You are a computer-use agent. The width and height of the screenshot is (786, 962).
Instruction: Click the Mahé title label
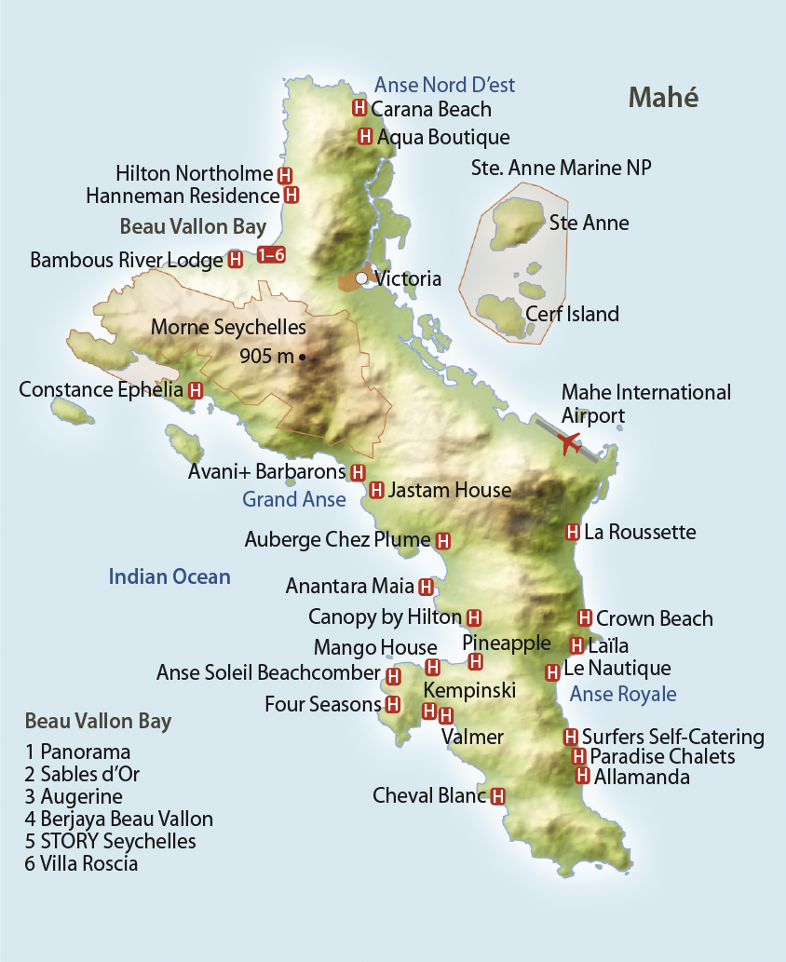(663, 97)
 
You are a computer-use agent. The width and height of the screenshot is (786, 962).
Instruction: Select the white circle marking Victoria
(361, 278)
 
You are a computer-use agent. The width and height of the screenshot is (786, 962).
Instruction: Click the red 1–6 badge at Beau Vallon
(270, 255)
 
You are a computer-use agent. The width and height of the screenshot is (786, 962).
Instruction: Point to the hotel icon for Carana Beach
(359, 108)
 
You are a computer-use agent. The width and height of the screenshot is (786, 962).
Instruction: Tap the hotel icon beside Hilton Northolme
(285, 174)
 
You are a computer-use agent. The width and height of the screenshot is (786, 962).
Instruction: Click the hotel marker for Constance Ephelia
(196, 390)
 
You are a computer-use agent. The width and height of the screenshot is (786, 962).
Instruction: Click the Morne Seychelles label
(228, 328)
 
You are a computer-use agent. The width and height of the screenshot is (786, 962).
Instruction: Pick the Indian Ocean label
(169, 576)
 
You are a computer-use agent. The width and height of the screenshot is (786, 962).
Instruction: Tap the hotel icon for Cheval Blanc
(497, 796)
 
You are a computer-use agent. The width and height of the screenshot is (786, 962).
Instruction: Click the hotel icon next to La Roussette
(573, 532)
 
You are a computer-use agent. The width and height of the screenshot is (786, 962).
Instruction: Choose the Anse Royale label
(623, 694)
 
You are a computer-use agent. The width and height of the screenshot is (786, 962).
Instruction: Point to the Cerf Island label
(572, 314)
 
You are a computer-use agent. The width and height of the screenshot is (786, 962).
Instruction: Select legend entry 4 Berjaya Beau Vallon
(119, 820)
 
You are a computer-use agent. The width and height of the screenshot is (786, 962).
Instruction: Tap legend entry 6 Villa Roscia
(82, 864)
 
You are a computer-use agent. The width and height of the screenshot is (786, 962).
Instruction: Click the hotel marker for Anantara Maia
(426, 587)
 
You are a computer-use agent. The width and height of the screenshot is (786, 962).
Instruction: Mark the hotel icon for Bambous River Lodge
(236, 260)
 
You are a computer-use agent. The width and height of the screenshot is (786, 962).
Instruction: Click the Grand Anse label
(294, 500)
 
